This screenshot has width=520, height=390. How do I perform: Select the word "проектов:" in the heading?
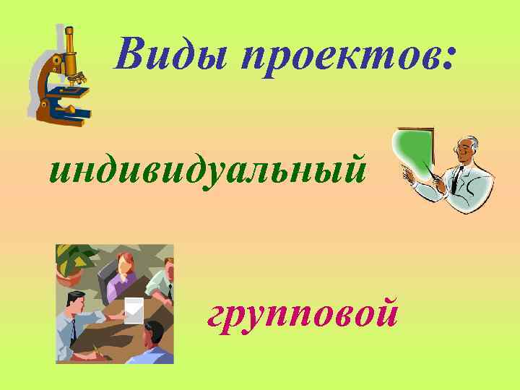(340, 56)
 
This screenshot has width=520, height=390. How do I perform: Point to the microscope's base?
(69, 114)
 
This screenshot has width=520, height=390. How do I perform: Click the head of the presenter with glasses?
(468, 149)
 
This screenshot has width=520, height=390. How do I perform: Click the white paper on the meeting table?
(134, 308)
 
